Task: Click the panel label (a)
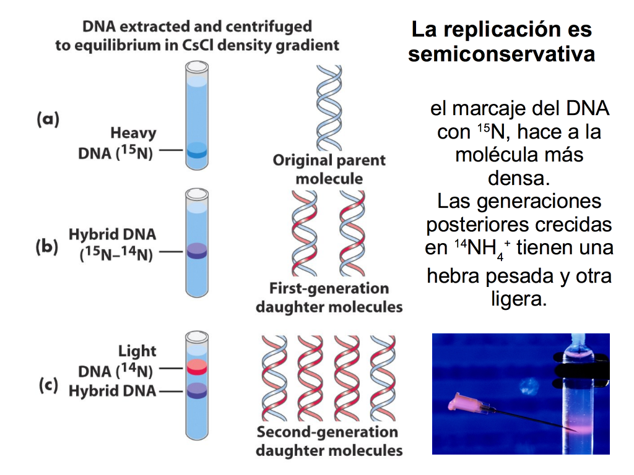pyautogui.click(x=48, y=119)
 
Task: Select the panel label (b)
pyautogui.click(x=47, y=247)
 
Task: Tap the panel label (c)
pyautogui.click(x=48, y=385)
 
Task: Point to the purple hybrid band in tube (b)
pyautogui.click(x=197, y=251)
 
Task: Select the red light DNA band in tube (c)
pyautogui.click(x=197, y=367)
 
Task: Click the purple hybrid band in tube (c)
pyautogui.click(x=197, y=391)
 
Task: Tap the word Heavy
pyautogui.click(x=134, y=134)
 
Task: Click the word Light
pyautogui.click(x=137, y=351)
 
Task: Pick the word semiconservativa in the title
pyautogui.click(x=502, y=54)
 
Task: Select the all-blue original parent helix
pyautogui.click(x=329, y=108)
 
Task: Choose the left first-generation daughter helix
pyautogui.click(x=305, y=233)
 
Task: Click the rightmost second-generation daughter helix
pyautogui.click(x=383, y=378)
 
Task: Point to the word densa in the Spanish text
pyautogui.click(x=519, y=178)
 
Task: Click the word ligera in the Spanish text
pyautogui.click(x=519, y=299)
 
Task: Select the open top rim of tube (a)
pyautogui.click(x=197, y=66)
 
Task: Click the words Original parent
pyautogui.click(x=329, y=160)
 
